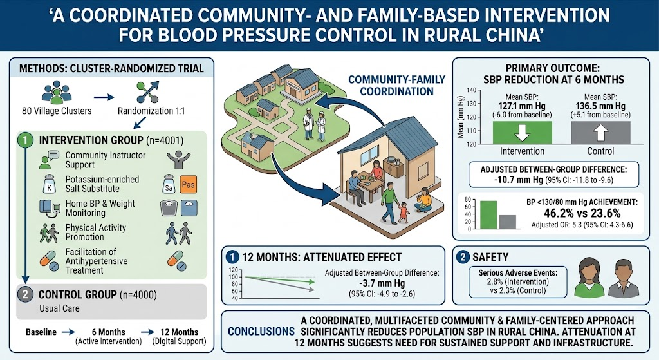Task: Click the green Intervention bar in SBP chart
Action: click(x=522, y=133)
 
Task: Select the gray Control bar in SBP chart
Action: click(x=600, y=133)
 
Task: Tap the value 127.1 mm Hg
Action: click(x=522, y=106)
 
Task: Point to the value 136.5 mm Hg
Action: click(x=600, y=106)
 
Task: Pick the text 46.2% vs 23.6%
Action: click(x=582, y=213)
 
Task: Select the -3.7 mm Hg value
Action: click(x=382, y=283)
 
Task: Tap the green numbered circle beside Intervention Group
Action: click(x=25, y=140)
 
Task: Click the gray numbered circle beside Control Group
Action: click(x=25, y=294)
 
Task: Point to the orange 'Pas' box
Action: click(x=188, y=185)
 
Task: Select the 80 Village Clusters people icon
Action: click(x=57, y=93)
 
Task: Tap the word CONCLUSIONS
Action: click(x=261, y=332)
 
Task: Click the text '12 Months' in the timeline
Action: click(x=179, y=332)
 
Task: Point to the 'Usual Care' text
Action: click(x=59, y=308)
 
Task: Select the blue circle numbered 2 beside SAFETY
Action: click(x=463, y=257)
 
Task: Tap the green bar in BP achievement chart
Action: click(x=488, y=215)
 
